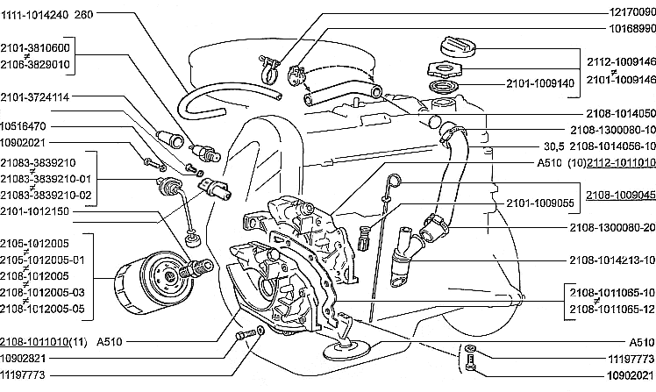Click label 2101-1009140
pyautogui.click(x=540, y=84)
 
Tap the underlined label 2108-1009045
pyautogui.click(x=619, y=170)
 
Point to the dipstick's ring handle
pyautogui.click(x=396, y=182)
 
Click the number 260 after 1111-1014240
pyautogui.click(x=85, y=16)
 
